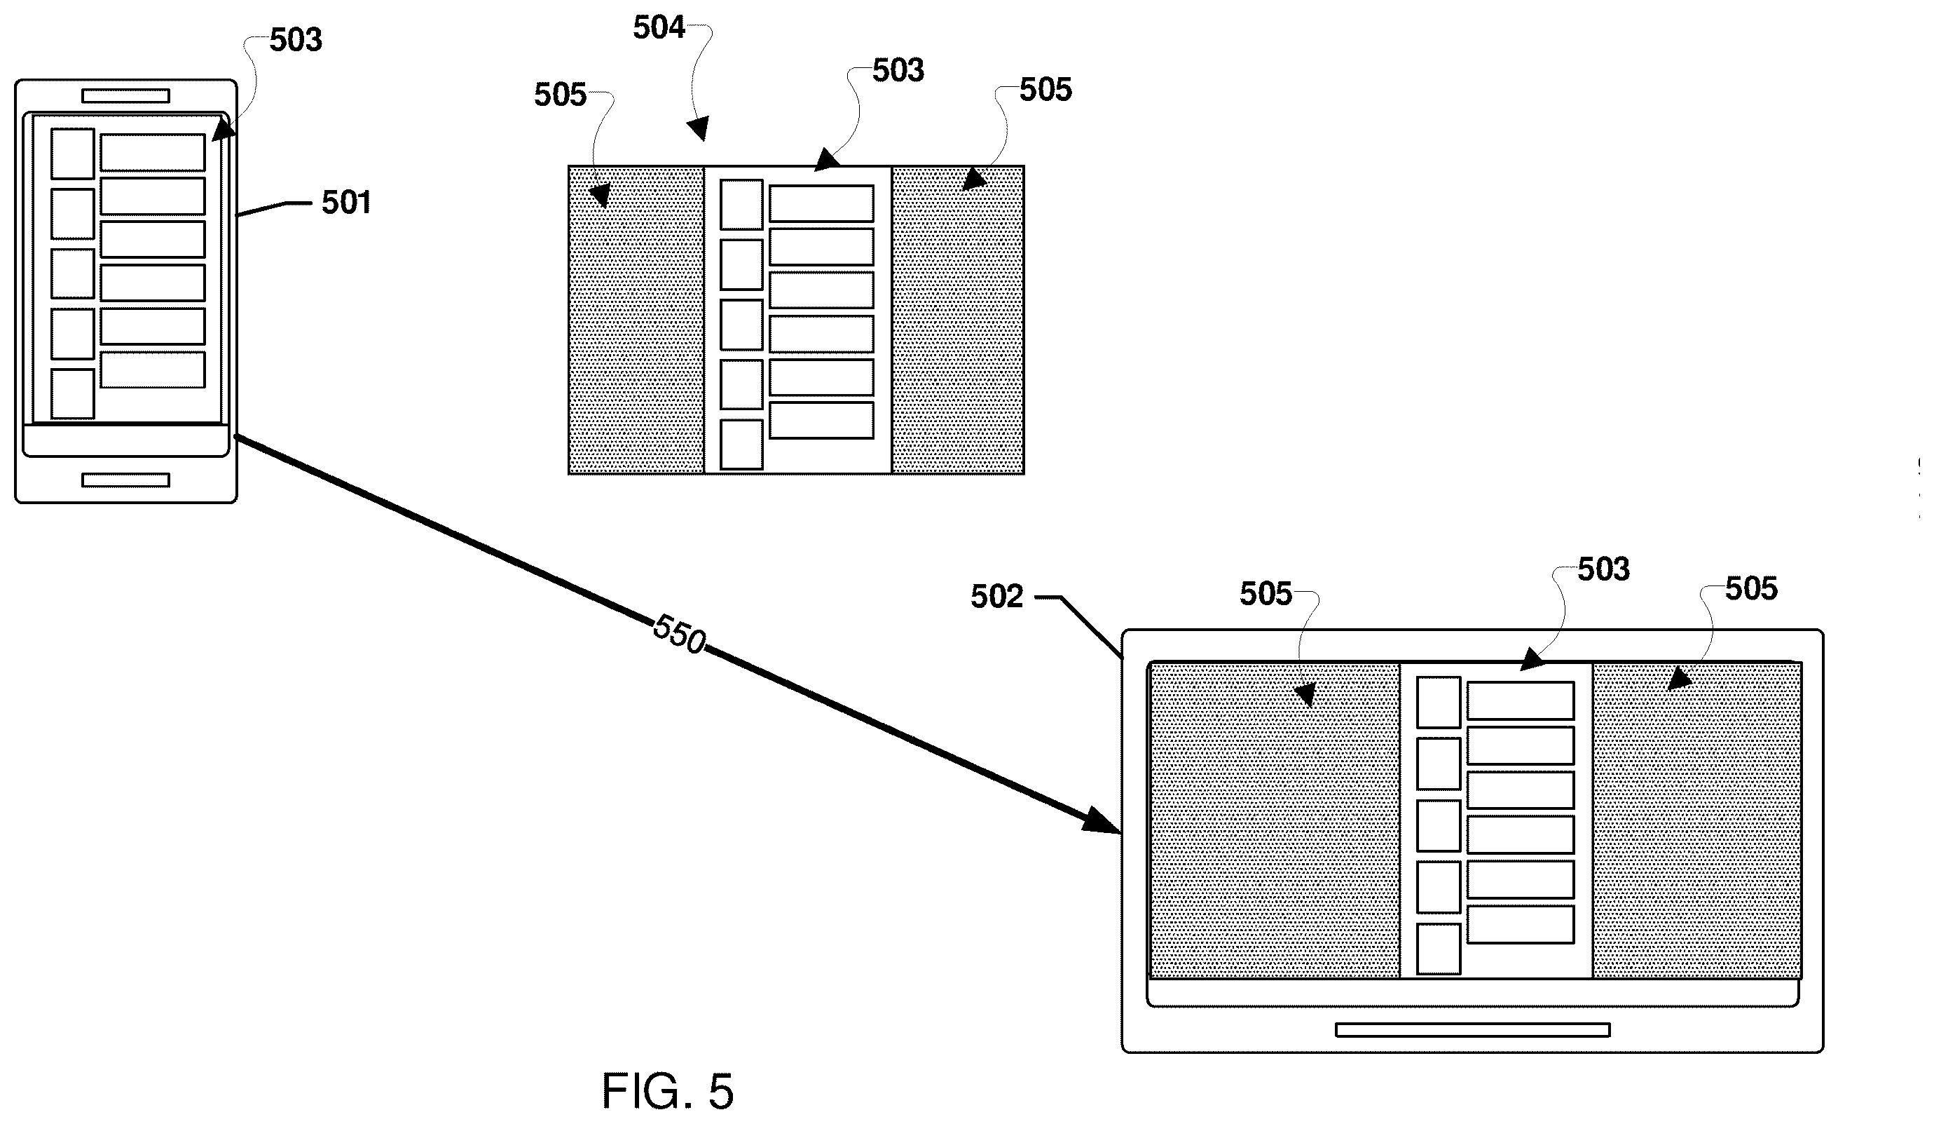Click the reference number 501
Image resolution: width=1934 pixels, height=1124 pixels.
tap(346, 203)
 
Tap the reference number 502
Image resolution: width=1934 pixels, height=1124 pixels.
tap(997, 597)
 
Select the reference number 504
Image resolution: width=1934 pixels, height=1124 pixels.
tap(659, 27)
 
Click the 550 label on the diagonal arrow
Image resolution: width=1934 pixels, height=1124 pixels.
tap(679, 634)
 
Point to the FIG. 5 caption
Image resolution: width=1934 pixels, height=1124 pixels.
tap(668, 1090)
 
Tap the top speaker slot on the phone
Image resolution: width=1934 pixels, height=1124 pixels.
tap(126, 96)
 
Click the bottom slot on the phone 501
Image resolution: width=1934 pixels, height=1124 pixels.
tap(126, 480)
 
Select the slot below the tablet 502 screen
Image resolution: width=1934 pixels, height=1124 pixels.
tap(1473, 1029)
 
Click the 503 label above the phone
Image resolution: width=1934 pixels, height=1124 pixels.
tap(296, 40)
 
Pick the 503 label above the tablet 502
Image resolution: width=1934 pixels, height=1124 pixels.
tap(1603, 569)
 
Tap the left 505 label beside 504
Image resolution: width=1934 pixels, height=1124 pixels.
tap(561, 95)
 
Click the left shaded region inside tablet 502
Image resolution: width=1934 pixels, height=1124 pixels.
tap(1275, 820)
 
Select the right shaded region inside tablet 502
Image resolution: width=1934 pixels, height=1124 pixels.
tap(1697, 820)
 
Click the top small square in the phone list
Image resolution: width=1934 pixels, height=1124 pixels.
tap(73, 154)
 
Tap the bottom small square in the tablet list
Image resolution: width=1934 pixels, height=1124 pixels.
tap(1438, 949)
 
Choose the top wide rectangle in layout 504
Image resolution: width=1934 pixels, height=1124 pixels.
tap(821, 203)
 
